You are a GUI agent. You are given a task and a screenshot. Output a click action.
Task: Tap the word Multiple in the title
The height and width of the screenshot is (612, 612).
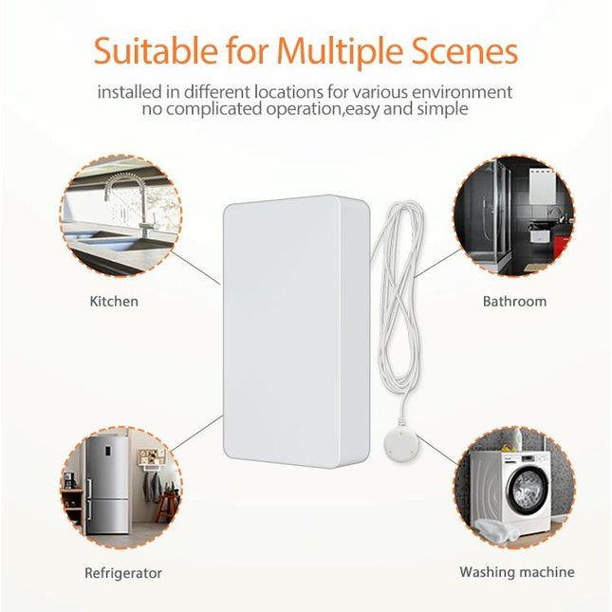coord(343,51)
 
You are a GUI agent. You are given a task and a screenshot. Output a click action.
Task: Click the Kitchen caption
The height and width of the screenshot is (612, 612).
coord(114,302)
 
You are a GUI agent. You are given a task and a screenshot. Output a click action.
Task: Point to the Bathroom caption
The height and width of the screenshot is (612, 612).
coord(514,302)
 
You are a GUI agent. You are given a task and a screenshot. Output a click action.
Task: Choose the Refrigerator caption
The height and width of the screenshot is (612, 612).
coord(123,573)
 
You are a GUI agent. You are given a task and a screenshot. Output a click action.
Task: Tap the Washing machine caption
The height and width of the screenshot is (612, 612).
coord(516,572)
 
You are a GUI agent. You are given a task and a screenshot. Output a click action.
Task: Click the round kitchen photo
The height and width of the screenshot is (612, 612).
coord(121,216)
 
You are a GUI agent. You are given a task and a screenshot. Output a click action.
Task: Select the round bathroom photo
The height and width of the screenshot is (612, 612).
coord(513,216)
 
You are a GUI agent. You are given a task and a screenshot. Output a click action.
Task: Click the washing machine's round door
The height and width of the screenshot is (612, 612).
coord(527,491)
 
